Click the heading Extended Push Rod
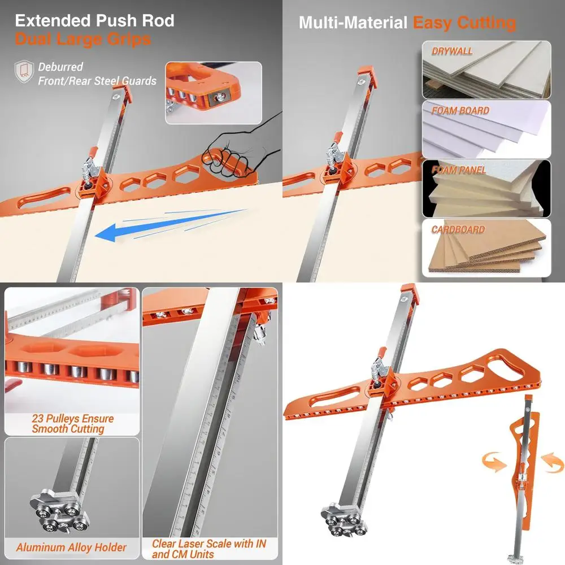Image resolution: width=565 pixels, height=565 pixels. point(94,21)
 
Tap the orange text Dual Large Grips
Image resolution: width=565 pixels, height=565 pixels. point(82,40)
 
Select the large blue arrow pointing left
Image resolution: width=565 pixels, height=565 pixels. point(169,226)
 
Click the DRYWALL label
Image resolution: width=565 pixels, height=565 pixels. point(453,51)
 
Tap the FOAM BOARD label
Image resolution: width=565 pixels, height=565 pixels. point(460,111)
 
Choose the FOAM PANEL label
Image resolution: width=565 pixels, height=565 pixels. point(459,170)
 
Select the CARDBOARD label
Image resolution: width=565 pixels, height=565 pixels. point(458,230)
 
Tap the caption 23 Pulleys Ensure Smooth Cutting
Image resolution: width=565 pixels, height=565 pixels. point(72,424)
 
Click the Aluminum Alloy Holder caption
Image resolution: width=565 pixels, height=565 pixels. point(71,547)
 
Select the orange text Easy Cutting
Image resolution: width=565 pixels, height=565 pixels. point(464,23)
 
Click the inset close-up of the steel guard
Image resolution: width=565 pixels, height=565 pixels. point(214,93)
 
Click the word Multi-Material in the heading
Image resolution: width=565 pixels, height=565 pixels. point(353,23)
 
